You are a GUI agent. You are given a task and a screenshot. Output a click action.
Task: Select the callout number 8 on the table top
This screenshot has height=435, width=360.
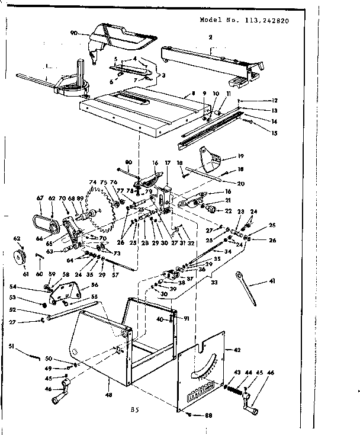[x=193, y=93]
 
